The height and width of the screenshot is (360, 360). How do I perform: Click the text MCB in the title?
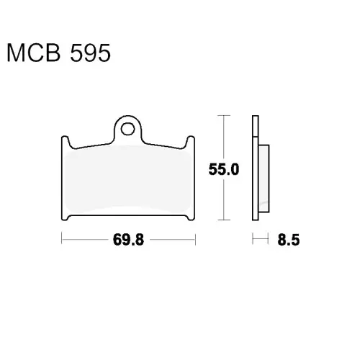point(34,53)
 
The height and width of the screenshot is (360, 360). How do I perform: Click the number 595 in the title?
point(90,53)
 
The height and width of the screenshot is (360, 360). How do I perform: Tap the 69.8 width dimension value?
point(128,240)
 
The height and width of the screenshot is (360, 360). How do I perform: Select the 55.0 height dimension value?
point(224,169)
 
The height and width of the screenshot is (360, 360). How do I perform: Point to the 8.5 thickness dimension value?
point(289,240)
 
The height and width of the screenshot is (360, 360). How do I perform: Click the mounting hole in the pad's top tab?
point(127,129)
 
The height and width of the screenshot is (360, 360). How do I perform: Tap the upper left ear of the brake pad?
point(66,142)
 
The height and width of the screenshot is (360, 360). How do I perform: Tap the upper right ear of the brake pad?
point(190,142)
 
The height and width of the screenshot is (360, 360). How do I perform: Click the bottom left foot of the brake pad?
point(66,217)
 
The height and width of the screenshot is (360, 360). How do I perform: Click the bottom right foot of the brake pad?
point(191,217)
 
